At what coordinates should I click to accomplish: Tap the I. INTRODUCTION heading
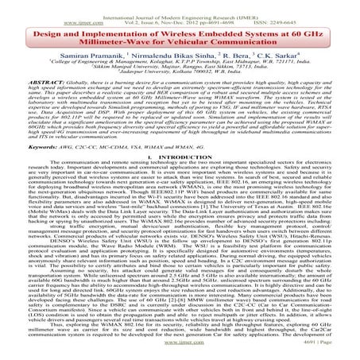[180, 157]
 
